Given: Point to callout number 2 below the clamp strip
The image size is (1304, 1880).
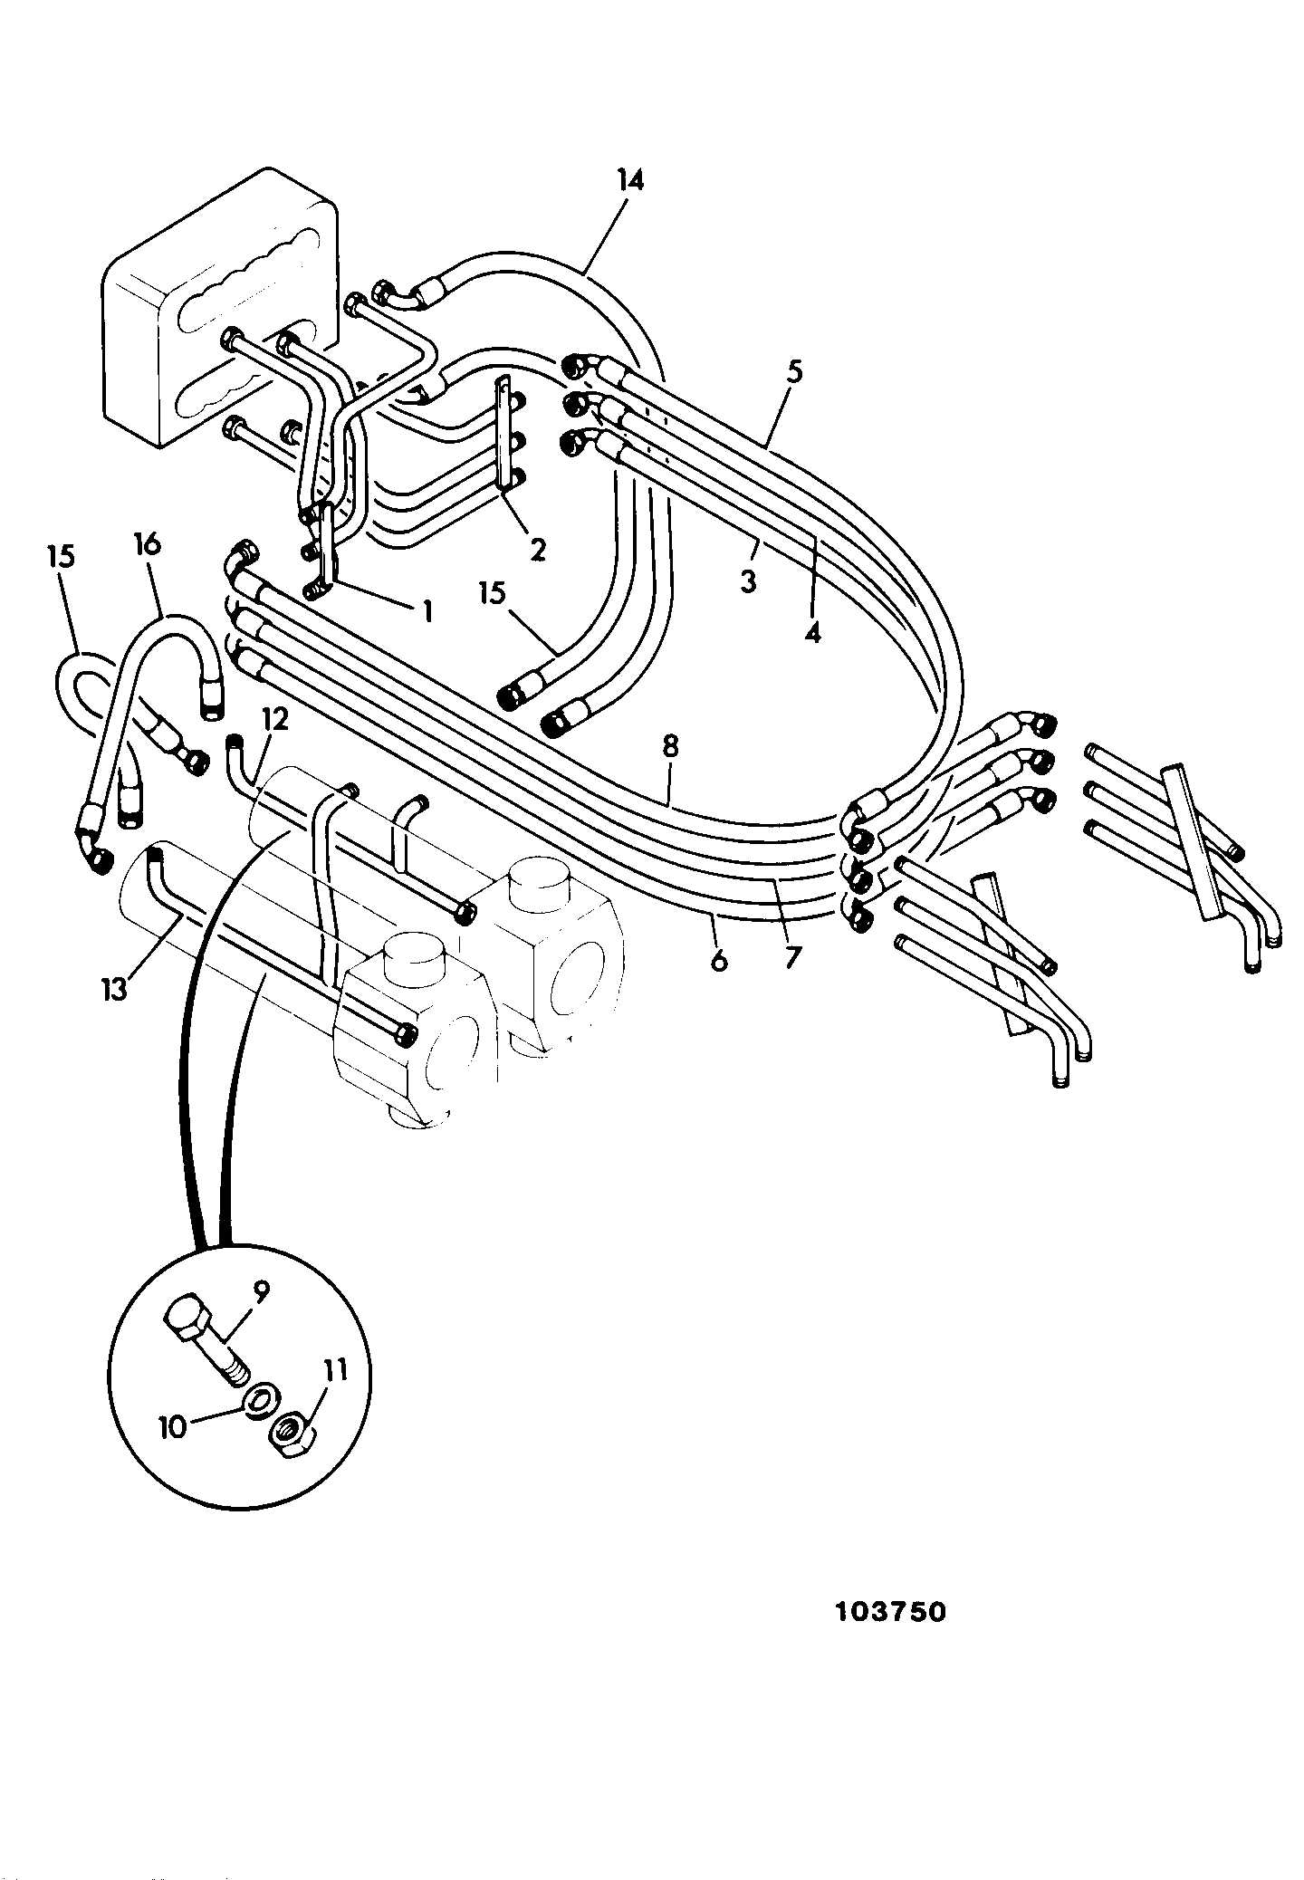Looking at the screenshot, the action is (538, 548).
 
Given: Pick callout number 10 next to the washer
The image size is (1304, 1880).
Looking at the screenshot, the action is (172, 1427).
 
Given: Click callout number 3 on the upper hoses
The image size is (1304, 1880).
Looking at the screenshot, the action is (747, 580).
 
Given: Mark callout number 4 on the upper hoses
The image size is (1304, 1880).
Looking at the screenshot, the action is (812, 631).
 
